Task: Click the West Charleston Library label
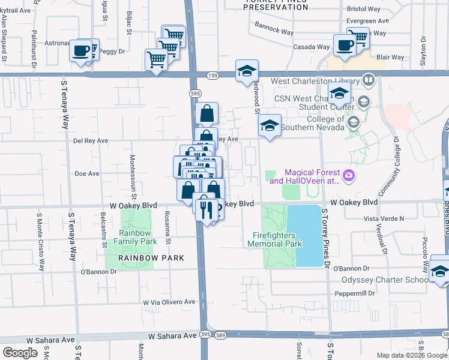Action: (316, 81)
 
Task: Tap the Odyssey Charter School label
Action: (384, 280)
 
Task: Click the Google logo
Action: (20, 352)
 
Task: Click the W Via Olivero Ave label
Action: (169, 302)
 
